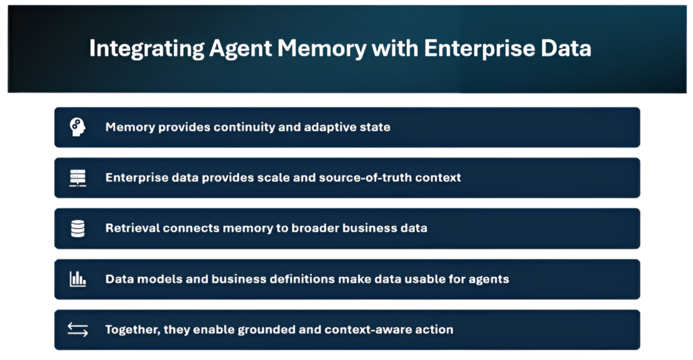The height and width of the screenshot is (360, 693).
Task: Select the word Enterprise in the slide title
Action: click(470, 49)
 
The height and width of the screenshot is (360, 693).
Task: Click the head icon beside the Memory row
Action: click(78, 127)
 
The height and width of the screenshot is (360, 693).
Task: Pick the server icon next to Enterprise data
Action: click(78, 178)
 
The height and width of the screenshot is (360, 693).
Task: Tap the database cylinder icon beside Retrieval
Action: click(78, 229)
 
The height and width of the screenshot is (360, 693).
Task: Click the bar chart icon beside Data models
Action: click(78, 279)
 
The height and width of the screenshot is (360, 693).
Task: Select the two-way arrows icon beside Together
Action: click(78, 330)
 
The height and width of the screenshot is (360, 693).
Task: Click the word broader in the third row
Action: click(313, 229)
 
